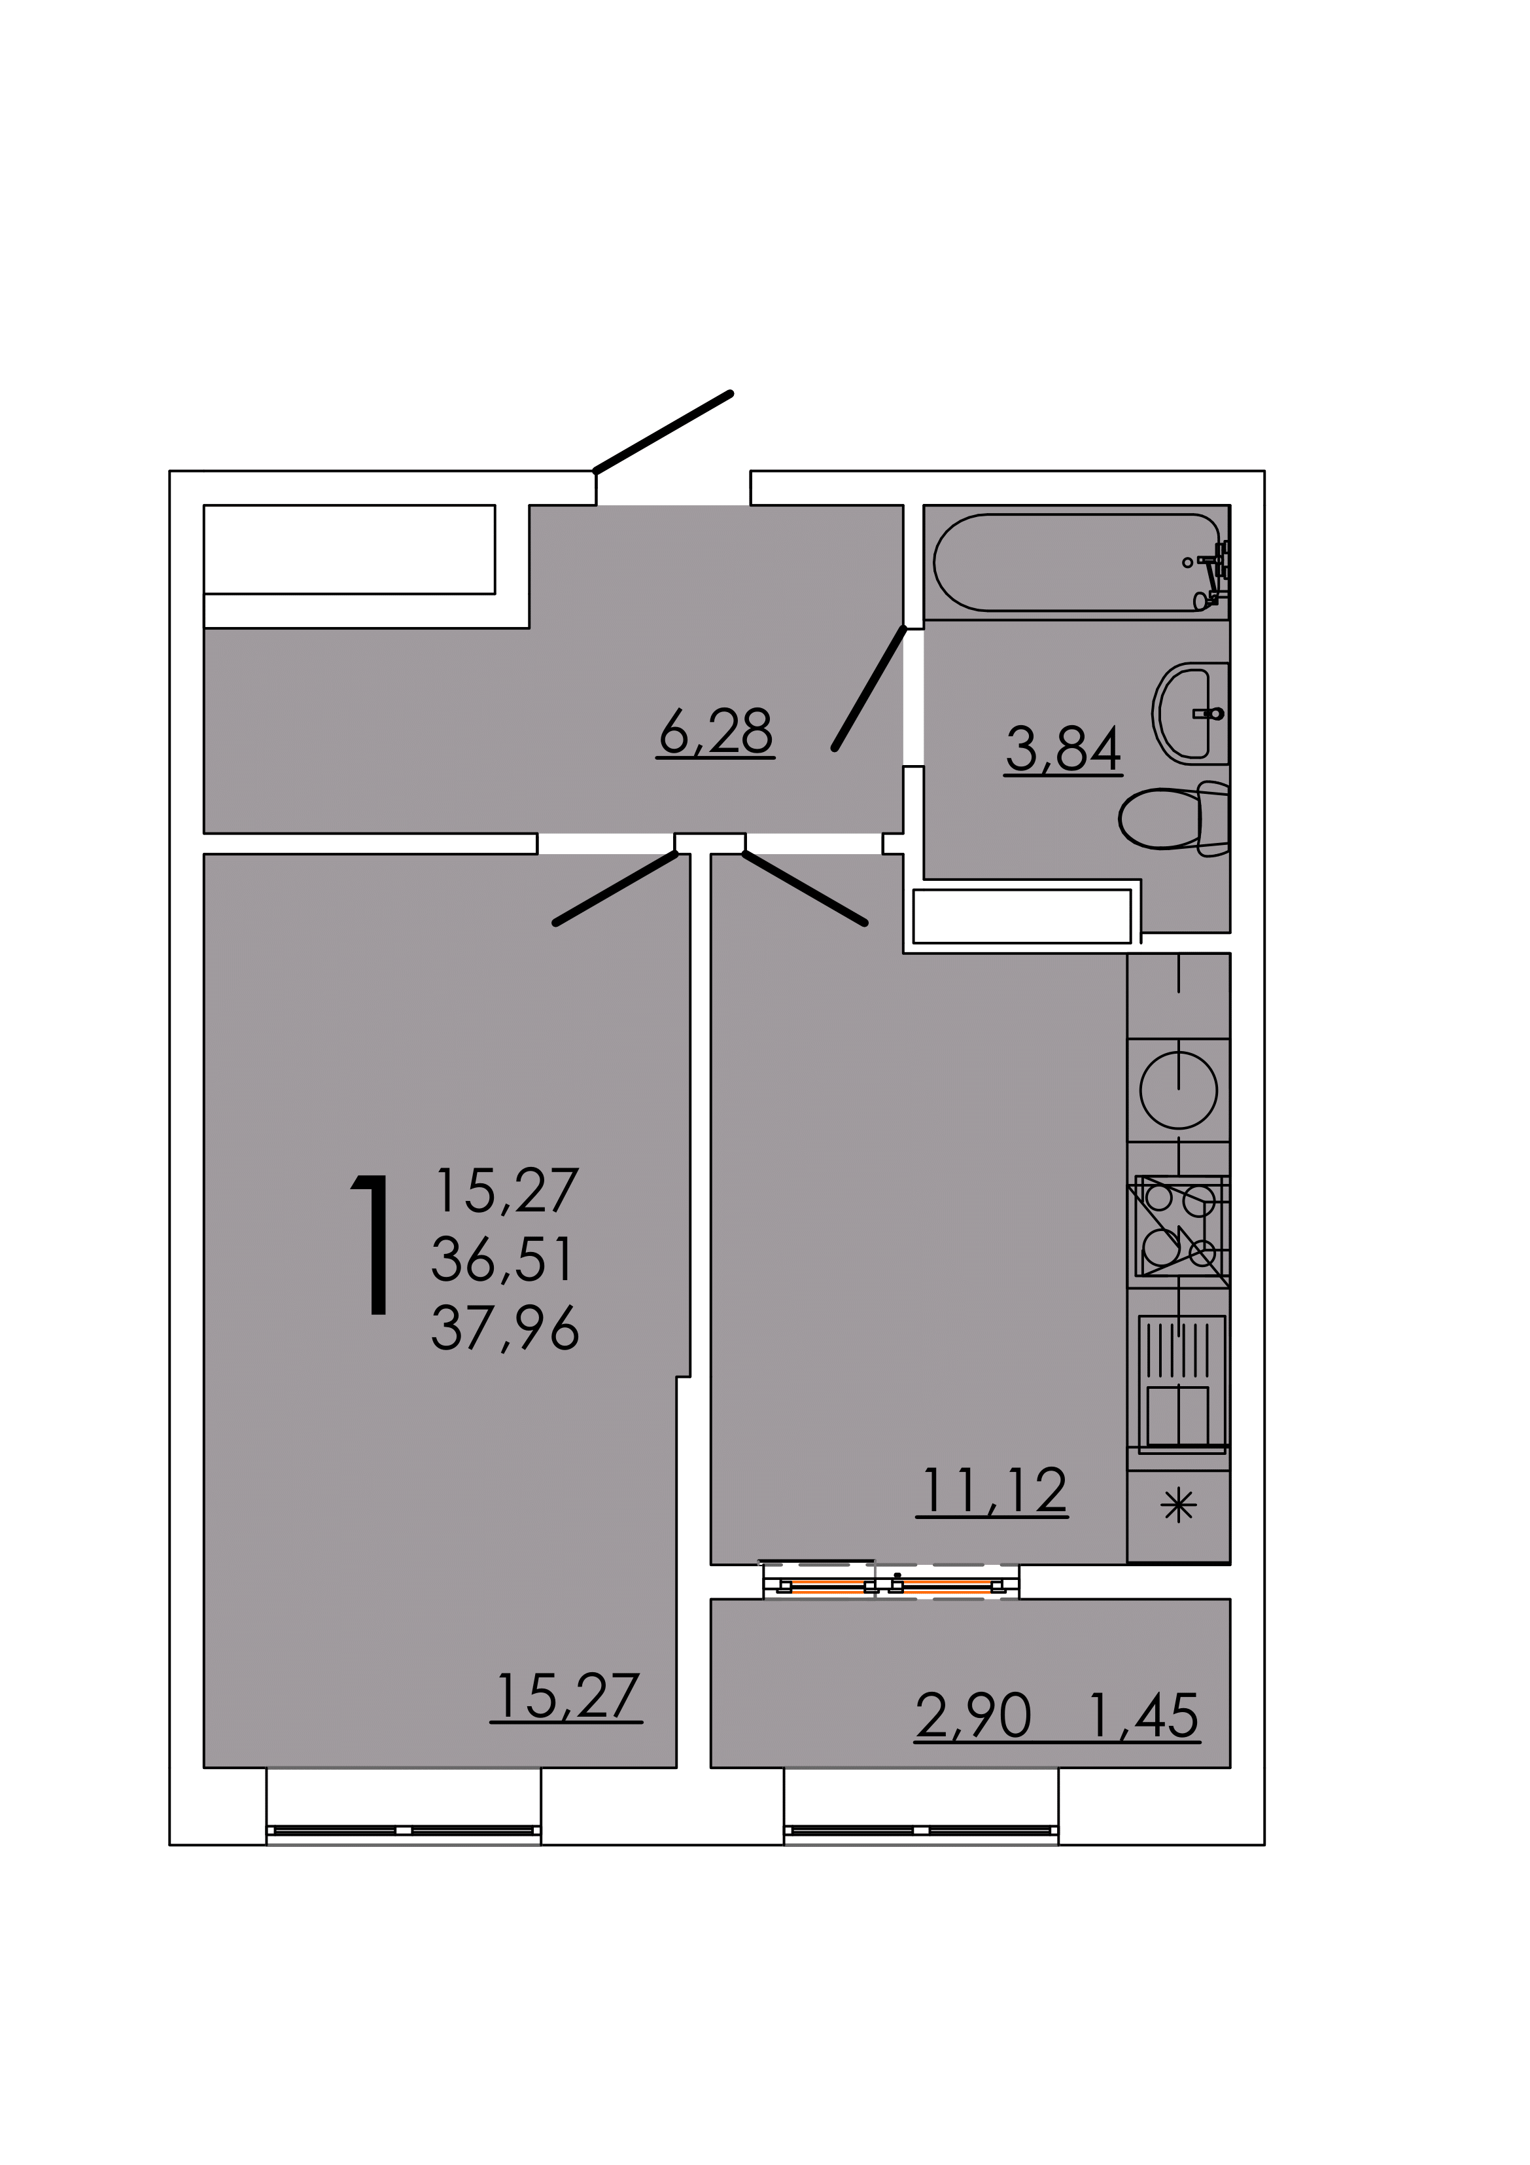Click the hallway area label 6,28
[716, 732]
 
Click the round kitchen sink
[1178, 1090]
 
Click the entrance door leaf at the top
[663, 431]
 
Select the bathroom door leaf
[869, 689]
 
